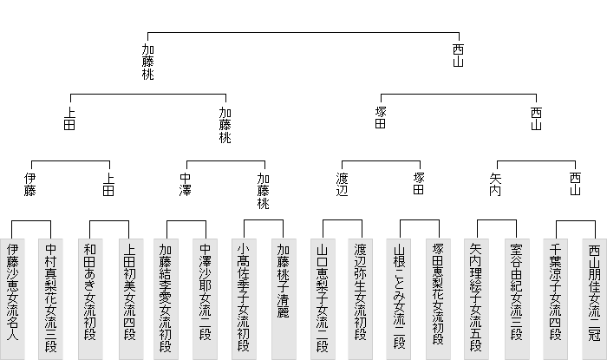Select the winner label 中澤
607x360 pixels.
coord(186,184)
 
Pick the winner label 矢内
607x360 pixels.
coord(495,184)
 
